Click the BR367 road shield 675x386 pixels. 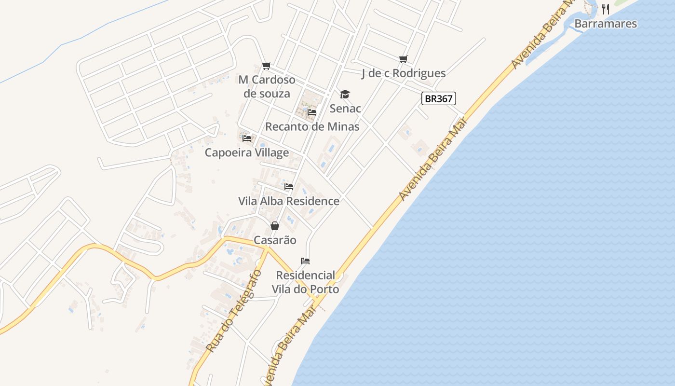[439, 99]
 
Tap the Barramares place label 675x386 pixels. [606, 24]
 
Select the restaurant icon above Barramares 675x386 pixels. [606, 9]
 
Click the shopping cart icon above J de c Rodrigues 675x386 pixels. [404, 59]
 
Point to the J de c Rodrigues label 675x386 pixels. [404, 73]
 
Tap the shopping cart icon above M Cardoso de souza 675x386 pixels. [267, 66]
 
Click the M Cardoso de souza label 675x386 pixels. [267, 86]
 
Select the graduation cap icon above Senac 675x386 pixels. [345, 94]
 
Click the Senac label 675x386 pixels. [345, 109]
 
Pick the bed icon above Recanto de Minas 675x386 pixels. [312, 112]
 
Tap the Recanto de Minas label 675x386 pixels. [312, 127]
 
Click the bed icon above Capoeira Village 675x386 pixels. [247, 138]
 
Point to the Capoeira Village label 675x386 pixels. [247, 153]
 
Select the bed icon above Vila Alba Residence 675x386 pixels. [289, 187]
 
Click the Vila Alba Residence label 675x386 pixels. [289, 201]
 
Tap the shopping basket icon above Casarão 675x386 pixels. [275, 226]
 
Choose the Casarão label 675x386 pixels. [275, 240]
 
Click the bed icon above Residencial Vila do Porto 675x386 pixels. [305, 261]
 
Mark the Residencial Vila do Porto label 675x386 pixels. [305, 282]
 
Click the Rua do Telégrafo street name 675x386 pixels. [234, 311]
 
